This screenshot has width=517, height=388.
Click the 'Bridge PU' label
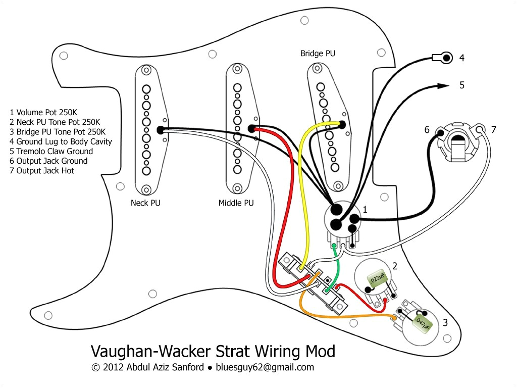coord(318,53)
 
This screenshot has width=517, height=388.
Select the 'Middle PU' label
coord(236,203)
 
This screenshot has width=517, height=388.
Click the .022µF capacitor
coord(376,279)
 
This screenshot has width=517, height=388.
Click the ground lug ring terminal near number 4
coord(445,58)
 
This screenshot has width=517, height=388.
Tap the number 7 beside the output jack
coord(493,130)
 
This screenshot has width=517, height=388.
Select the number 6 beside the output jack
coord(427,130)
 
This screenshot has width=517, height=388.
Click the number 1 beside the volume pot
coord(365,209)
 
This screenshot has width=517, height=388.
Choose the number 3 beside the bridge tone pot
coord(445,322)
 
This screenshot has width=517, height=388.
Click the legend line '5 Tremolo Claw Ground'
coord(51,151)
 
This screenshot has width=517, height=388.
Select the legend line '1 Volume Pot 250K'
coord(44,112)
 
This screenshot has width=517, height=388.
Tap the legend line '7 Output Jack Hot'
coord(41,171)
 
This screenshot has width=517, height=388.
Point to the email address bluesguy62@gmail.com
coord(265,367)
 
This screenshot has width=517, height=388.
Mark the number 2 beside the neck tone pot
coord(395,266)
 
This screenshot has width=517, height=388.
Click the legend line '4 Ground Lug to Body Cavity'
coord(61,141)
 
